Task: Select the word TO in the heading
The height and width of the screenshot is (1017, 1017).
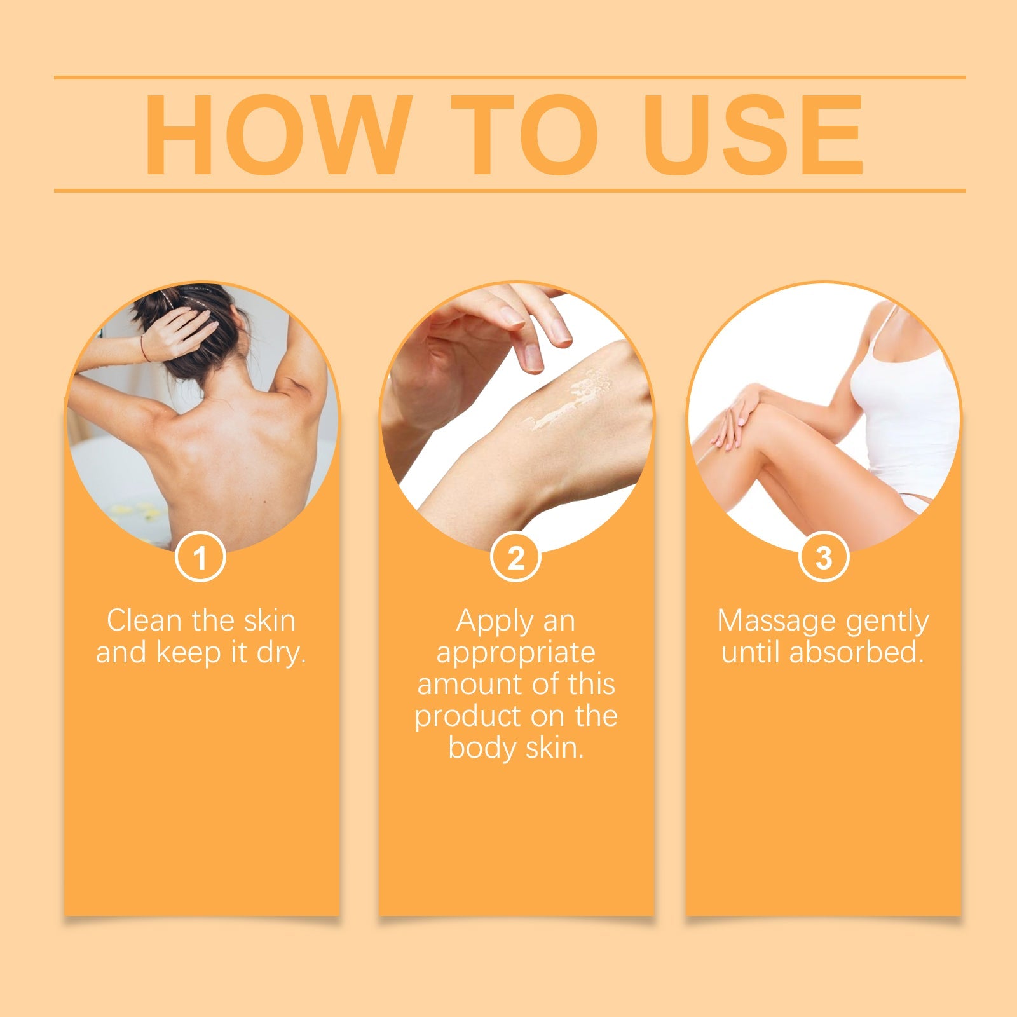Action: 524,135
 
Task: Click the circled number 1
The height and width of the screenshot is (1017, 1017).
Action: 200,557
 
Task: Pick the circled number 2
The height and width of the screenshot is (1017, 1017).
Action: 515,557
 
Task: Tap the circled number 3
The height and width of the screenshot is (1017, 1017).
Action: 824,557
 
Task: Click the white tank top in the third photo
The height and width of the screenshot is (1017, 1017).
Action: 909,413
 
